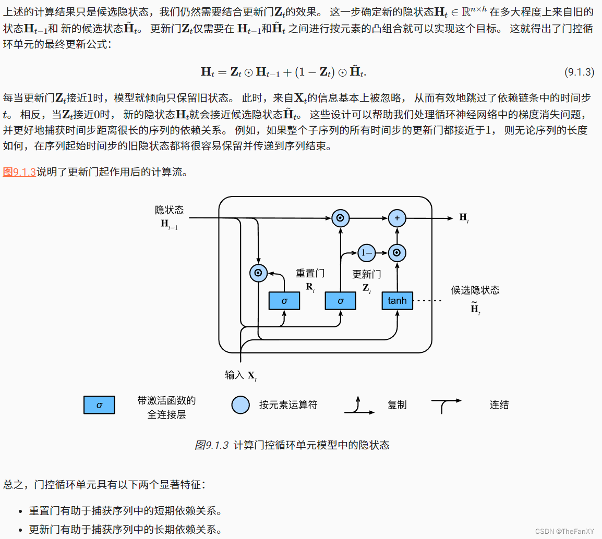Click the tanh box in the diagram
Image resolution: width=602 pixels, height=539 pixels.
point(397,301)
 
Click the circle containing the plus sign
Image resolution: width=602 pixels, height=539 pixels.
point(397,218)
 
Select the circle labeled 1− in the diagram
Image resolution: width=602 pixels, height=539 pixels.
point(367,253)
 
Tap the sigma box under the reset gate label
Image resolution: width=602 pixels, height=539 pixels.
point(284,301)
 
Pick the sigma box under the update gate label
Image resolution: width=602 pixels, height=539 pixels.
point(340,301)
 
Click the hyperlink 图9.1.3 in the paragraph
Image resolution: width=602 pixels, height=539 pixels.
point(19,172)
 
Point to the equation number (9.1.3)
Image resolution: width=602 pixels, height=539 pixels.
point(579,72)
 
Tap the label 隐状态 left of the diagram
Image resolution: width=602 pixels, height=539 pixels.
point(170,210)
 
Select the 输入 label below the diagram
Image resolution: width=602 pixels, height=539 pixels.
point(235,375)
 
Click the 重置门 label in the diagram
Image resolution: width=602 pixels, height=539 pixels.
point(310,273)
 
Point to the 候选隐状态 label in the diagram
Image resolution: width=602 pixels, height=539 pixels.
point(475,290)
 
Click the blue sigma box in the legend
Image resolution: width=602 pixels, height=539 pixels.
point(99,405)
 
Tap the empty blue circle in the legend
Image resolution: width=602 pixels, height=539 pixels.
point(240,405)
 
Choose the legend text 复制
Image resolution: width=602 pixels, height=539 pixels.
point(396,405)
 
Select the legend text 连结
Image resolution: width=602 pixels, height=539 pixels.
point(499,405)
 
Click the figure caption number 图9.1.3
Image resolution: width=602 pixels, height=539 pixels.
point(212,445)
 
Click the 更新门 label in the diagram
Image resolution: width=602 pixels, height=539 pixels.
point(367,274)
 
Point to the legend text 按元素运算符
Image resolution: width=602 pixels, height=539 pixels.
point(288,405)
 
